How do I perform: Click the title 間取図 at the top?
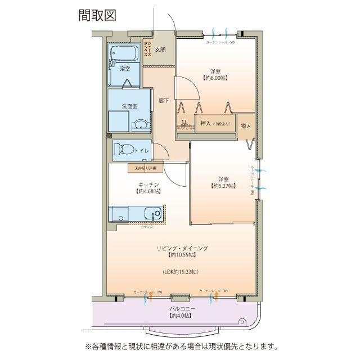click(97, 15)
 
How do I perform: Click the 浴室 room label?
click(125, 69)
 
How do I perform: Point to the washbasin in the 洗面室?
click(138, 124)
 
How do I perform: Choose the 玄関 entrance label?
click(160, 49)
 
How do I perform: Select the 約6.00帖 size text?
click(215, 79)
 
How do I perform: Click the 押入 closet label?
click(205, 123)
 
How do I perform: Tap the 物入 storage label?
click(246, 125)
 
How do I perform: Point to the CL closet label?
click(184, 122)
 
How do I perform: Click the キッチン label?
click(148, 184)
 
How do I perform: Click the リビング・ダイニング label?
click(182, 248)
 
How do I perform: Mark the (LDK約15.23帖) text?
click(181, 272)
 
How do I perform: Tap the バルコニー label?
click(182, 309)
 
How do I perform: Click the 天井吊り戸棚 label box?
click(145, 168)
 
